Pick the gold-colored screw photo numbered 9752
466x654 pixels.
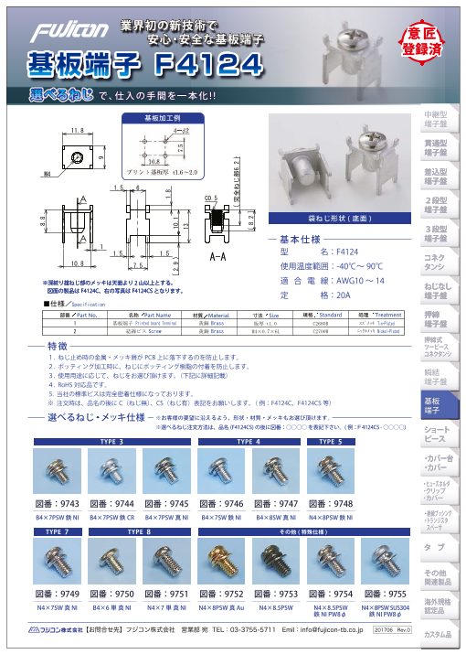[223, 563]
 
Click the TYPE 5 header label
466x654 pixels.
[331, 441]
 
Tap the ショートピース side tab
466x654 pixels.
[435, 434]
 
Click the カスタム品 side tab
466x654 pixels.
[436, 635]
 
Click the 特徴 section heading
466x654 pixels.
[57, 347]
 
